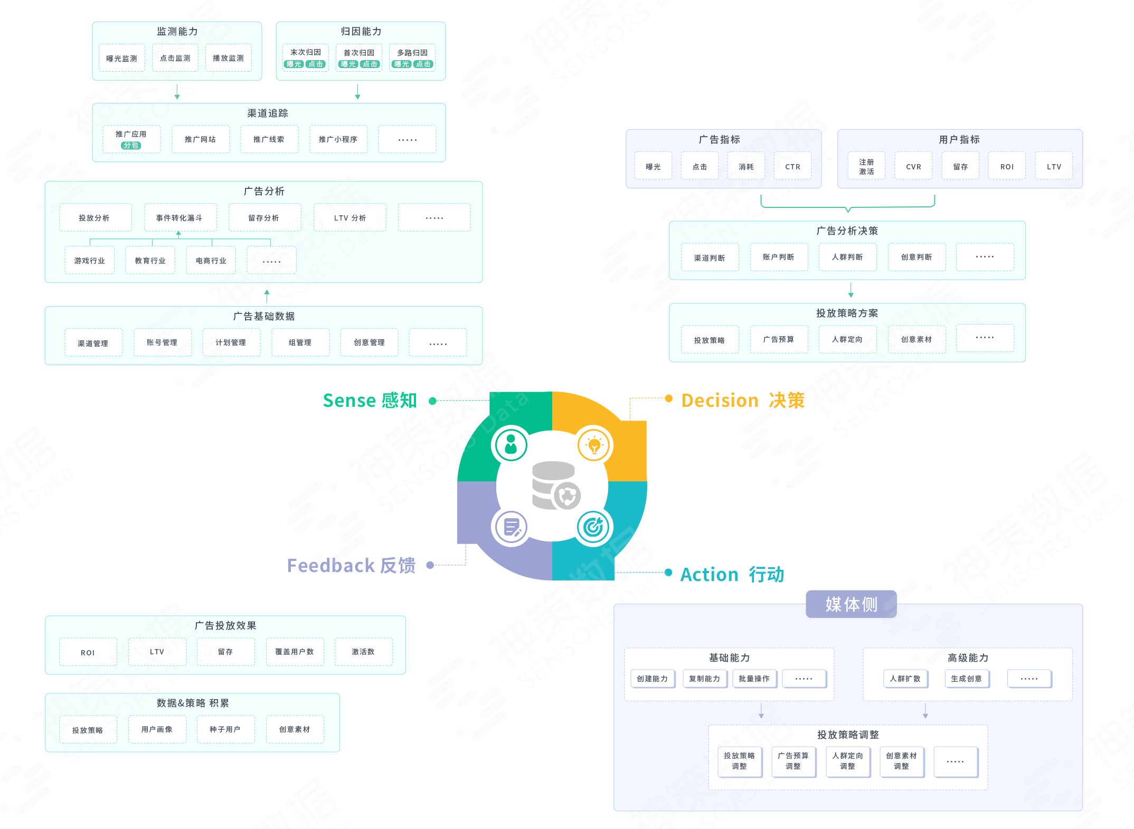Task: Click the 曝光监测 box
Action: pyautogui.click(x=121, y=58)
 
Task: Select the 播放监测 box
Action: pyautogui.click(x=228, y=58)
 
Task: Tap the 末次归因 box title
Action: pyautogui.click(x=306, y=52)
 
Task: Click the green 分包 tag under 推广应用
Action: pyautogui.click(x=131, y=145)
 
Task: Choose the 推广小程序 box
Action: pyautogui.click(x=338, y=139)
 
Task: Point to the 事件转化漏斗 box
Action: pyautogui.click(x=179, y=217)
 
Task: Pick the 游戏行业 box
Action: pyautogui.click(x=90, y=261)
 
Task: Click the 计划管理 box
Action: pyautogui.click(x=231, y=342)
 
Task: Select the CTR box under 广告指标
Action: pyautogui.click(x=792, y=166)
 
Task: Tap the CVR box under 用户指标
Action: pyautogui.click(x=913, y=166)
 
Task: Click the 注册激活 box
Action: pyautogui.click(x=866, y=166)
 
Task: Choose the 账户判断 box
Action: pyautogui.click(x=779, y=257)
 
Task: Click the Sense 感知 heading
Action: pyautogui.click(x=370, y=401)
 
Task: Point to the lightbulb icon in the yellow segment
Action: pyautogui.click(x=594, y=445)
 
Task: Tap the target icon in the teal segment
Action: pyautogui.click(x=593, y=527)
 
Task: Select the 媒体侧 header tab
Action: pyautogui.click(x=851, y=604)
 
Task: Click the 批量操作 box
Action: pyautogui.click(x=754, y=679)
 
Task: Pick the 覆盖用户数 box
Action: pyautogui.click(x=295, y=652)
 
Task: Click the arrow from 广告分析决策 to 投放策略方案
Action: pyautogui.click(x=850, y=290)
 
